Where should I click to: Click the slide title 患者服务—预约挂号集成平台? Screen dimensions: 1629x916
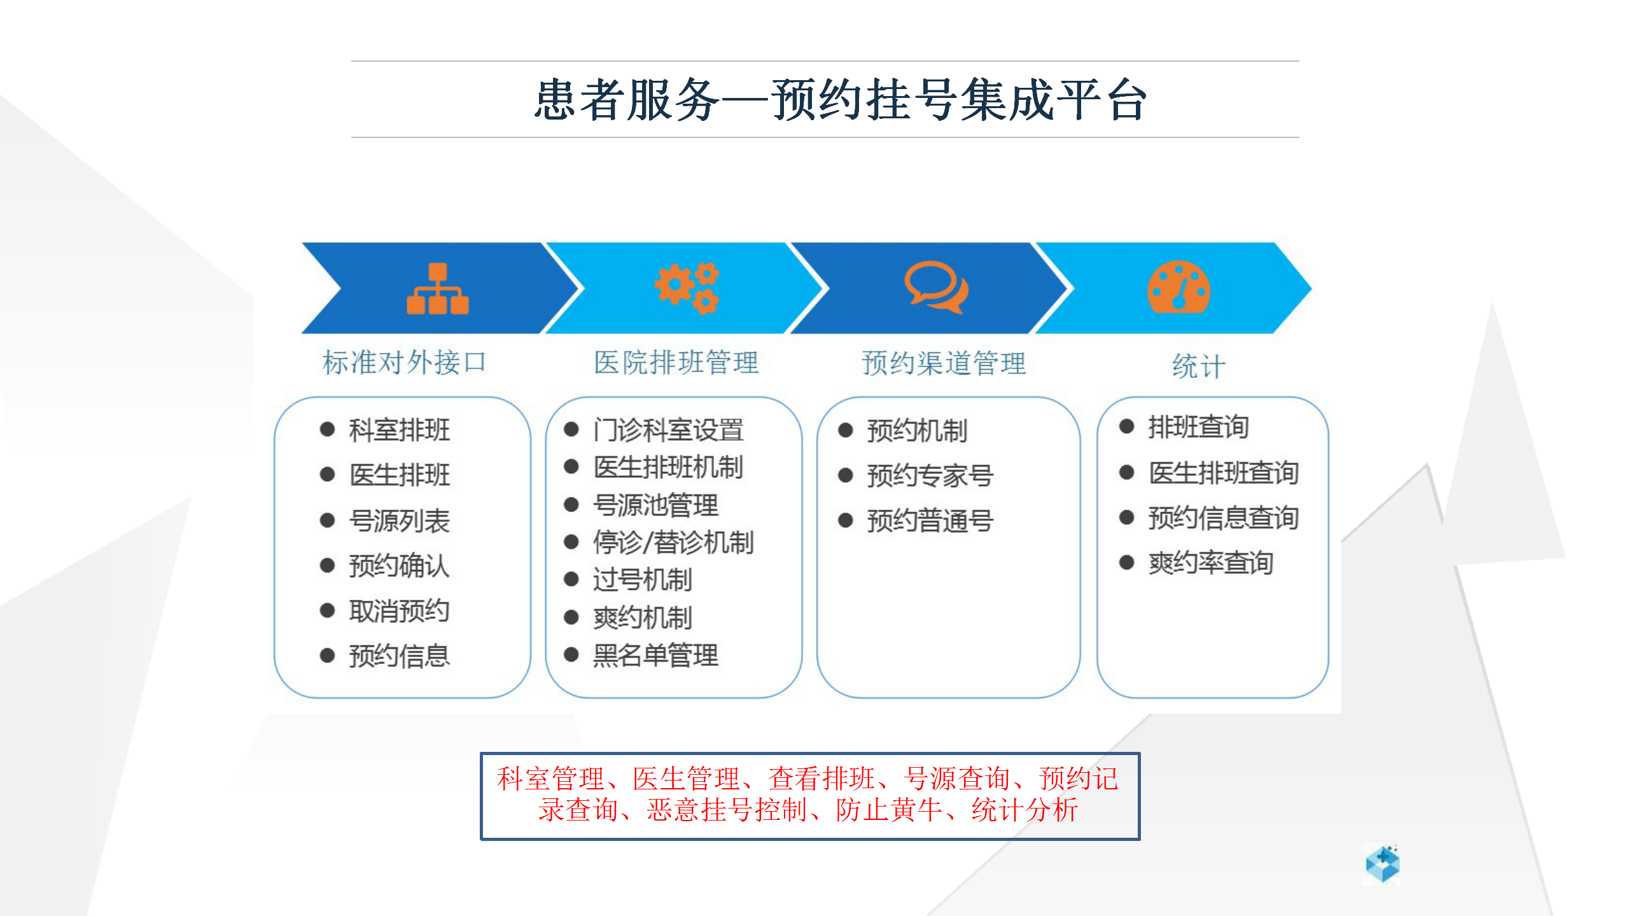840,100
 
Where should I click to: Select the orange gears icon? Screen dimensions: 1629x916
687,288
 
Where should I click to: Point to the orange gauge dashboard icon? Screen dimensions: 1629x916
1178,287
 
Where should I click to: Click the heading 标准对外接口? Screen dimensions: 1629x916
405,363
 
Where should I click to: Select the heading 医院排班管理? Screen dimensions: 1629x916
676,363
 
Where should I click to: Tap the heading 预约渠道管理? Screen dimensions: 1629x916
944,363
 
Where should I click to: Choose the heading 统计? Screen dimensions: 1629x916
1199,366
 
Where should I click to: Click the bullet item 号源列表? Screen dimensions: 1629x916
399,521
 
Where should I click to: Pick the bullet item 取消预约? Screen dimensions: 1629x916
399,611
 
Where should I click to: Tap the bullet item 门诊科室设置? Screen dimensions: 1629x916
668,430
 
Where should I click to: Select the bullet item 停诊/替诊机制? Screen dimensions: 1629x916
673,543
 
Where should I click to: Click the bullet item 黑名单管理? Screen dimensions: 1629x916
655,655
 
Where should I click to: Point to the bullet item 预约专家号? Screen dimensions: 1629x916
930,475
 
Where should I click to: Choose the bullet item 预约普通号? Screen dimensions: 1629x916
930,520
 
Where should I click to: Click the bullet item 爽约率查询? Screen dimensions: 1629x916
1210,562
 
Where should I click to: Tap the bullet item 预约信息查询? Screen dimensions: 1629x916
1223,518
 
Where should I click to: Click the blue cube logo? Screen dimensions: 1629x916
1383,864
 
